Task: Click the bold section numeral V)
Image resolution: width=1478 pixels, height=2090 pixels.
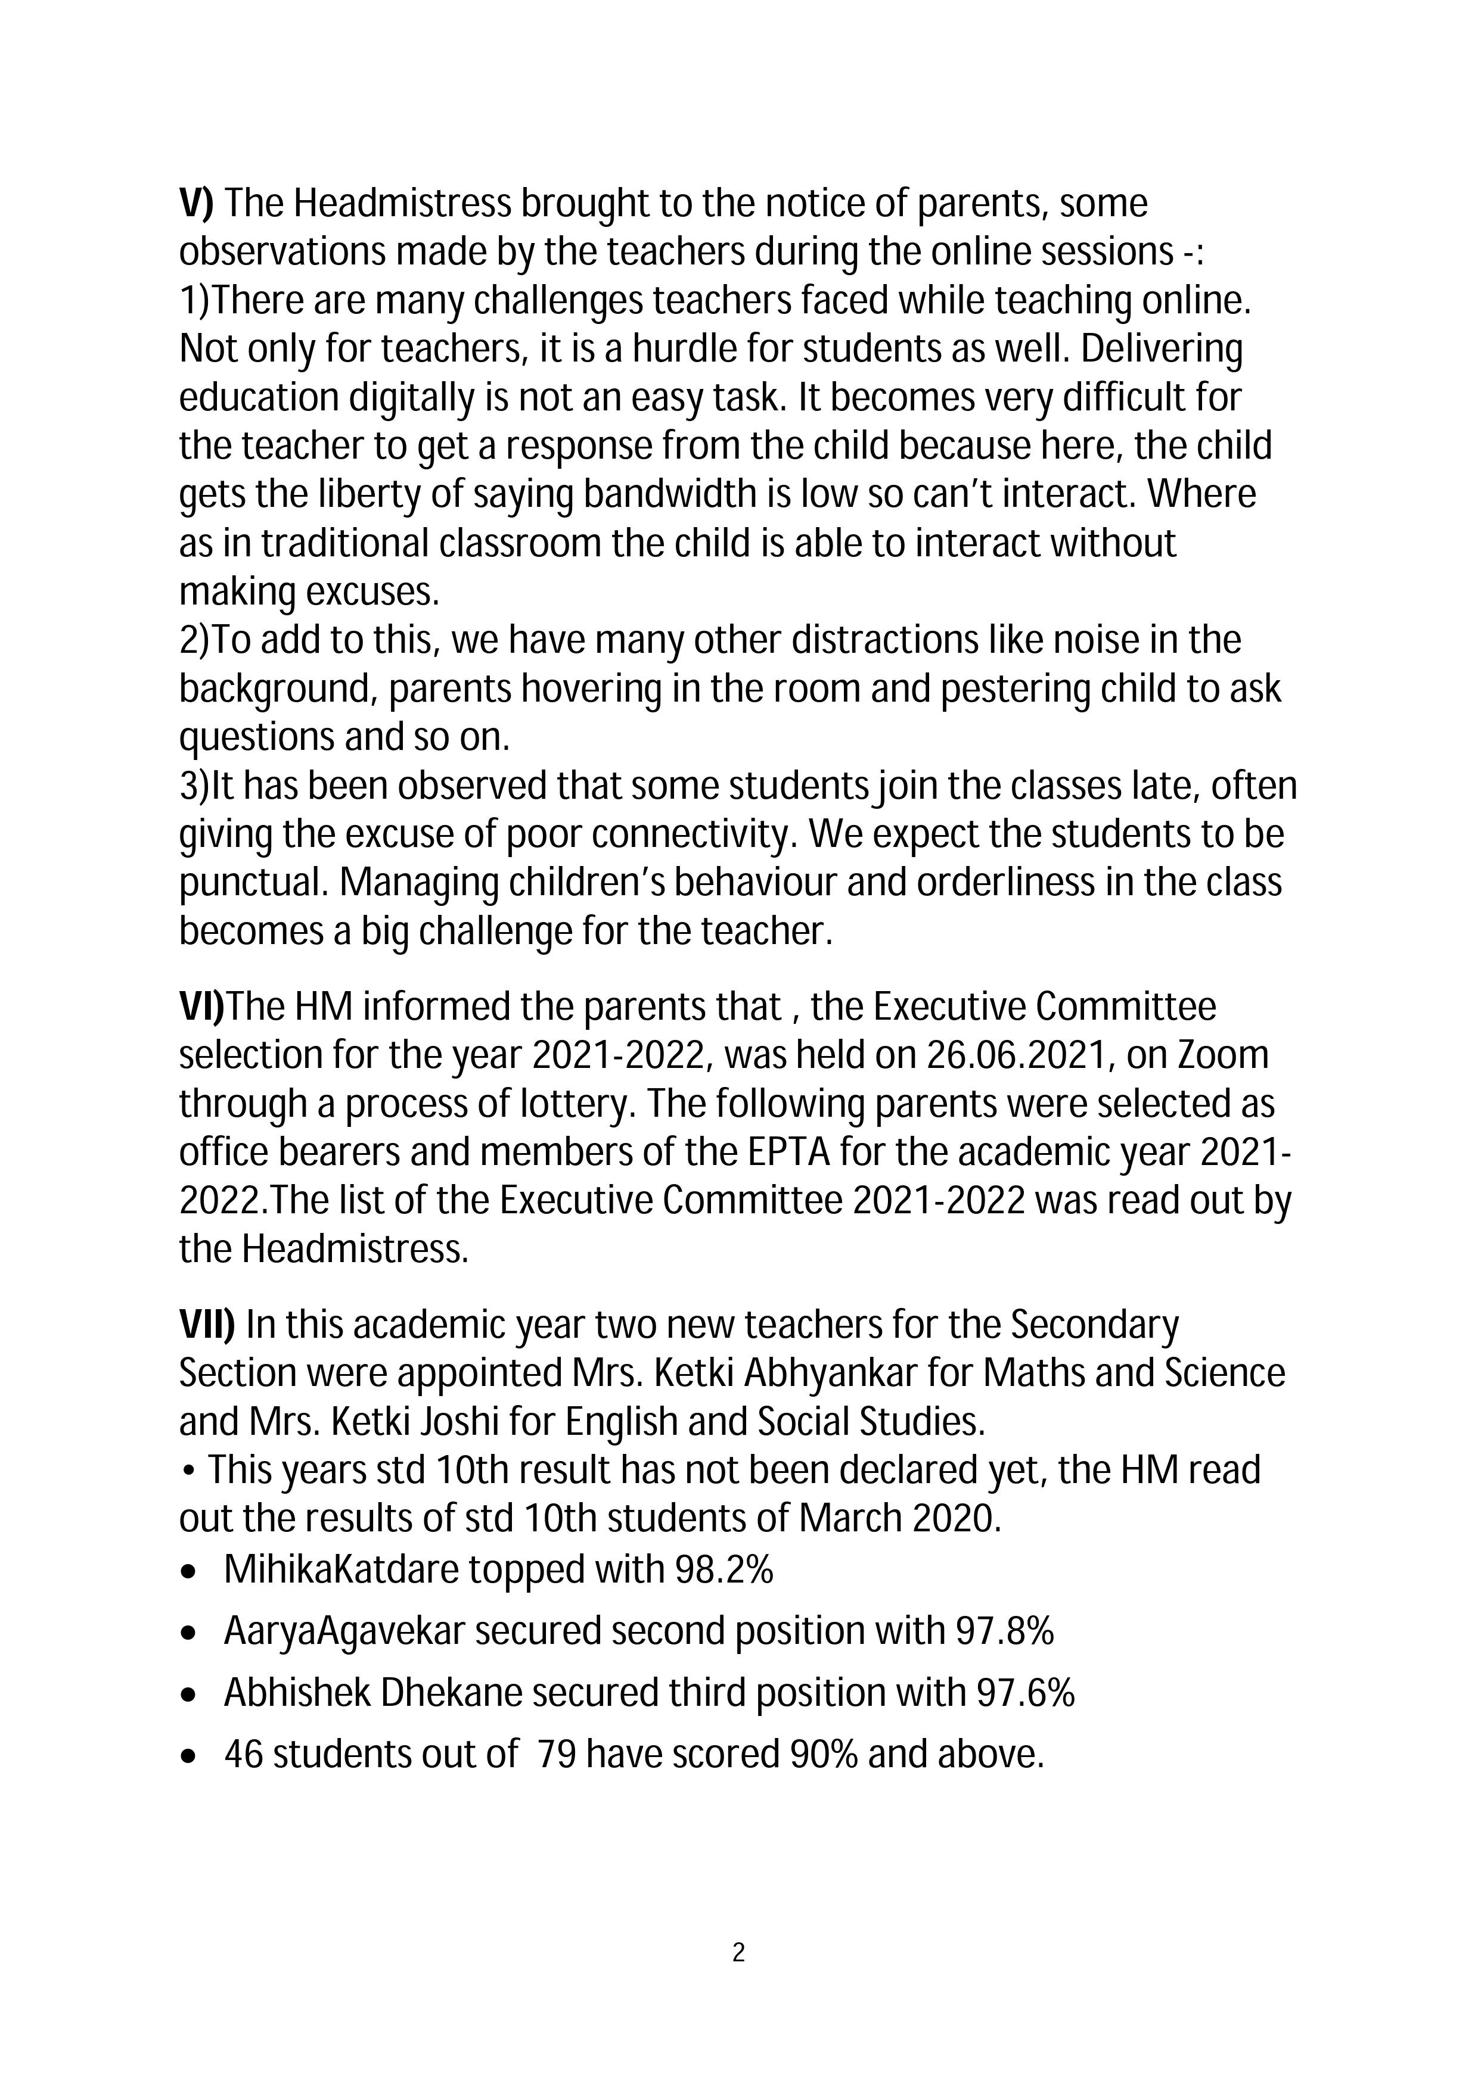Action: (x=196, y=204)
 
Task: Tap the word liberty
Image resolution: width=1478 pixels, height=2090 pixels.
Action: (x=345, y=494)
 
